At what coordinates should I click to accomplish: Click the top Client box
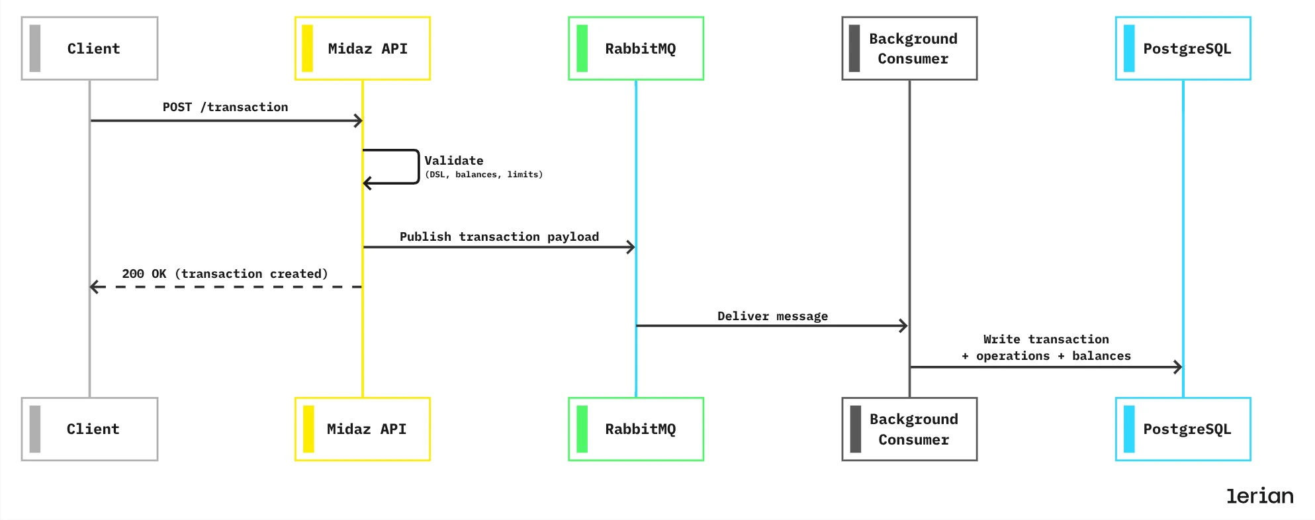89,48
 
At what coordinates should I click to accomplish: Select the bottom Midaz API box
363,429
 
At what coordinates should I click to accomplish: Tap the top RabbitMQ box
636,48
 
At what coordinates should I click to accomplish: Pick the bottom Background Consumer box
909,429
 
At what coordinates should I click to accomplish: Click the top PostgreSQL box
1183,48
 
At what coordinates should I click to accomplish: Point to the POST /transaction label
225,107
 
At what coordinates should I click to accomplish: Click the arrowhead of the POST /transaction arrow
359,120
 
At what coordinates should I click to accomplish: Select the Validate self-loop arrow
418,166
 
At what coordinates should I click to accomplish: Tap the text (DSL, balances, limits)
483,175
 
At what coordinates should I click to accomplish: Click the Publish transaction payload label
499,237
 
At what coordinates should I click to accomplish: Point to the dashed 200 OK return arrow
225,287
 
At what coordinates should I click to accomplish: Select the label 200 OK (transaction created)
225,274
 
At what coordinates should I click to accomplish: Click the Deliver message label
772,316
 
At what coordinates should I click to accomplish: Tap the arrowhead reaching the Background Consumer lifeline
904,325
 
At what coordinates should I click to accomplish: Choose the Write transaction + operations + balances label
1046,347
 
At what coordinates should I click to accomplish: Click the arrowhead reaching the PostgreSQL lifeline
1178,367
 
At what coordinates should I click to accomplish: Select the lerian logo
1259,496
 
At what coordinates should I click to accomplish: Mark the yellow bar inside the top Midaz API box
307,48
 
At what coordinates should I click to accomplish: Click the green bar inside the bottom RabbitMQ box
582,429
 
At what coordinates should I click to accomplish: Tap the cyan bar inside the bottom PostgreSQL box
1129,429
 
